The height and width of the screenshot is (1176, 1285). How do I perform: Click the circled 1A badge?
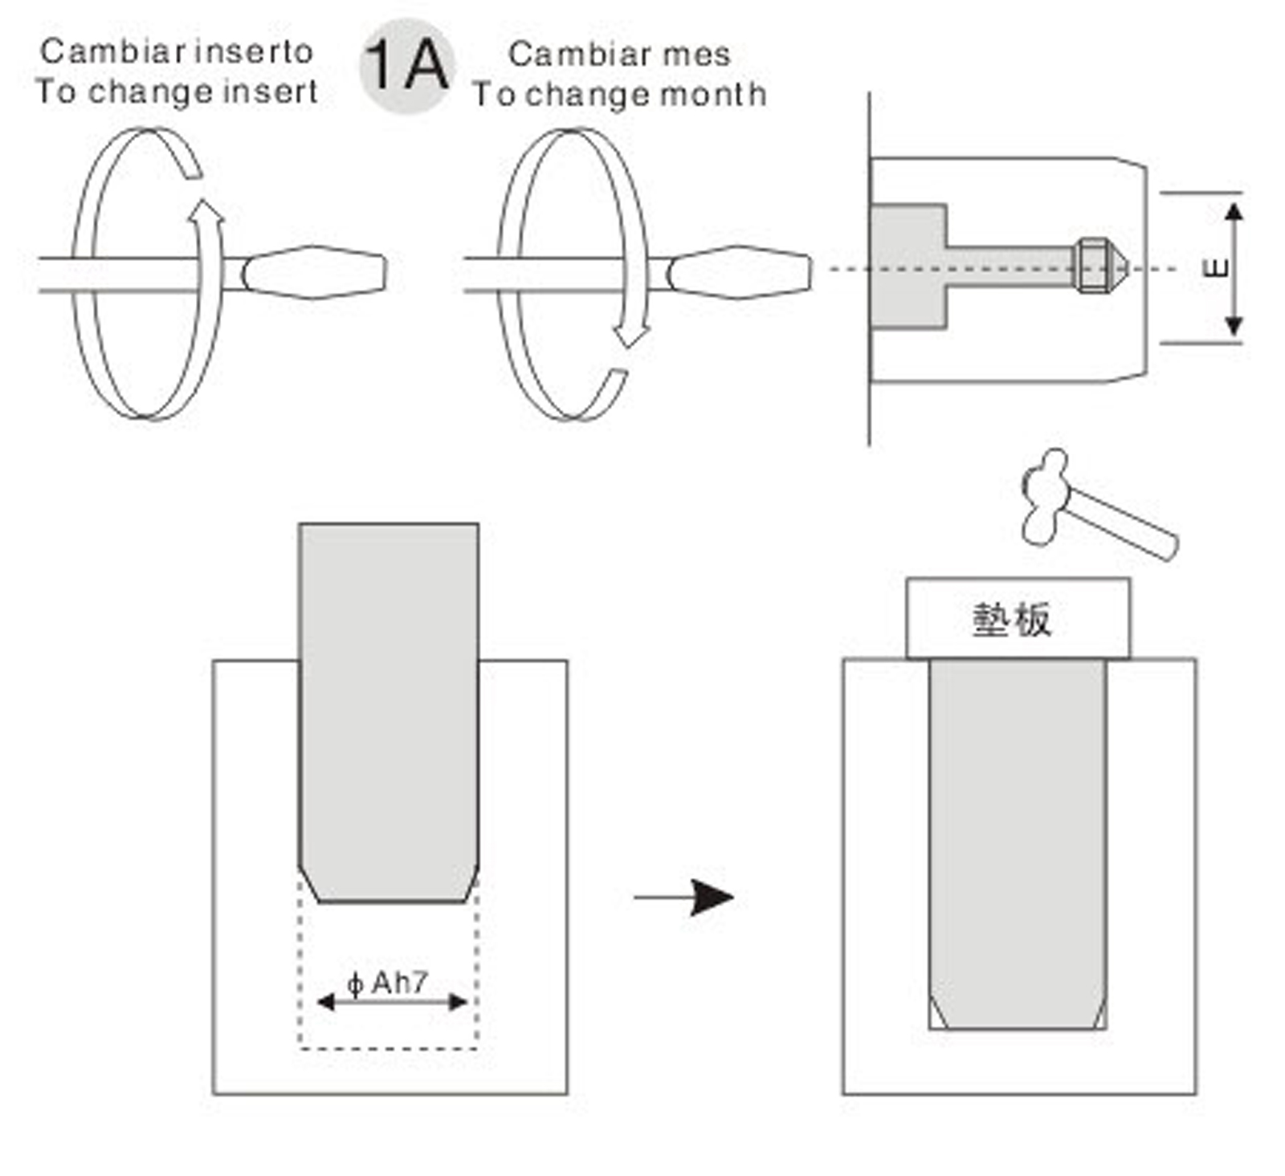406,66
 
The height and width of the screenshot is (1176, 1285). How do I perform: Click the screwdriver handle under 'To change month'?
740,272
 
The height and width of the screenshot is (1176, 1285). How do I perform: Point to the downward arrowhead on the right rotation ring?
631,334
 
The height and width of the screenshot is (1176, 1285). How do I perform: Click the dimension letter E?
1218,267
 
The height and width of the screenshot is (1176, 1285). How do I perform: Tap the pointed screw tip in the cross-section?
1118,266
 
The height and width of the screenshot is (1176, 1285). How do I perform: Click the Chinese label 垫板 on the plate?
1011,620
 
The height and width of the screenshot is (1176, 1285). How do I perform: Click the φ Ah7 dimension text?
388,983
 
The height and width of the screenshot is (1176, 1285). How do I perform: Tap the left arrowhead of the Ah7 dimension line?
325,1002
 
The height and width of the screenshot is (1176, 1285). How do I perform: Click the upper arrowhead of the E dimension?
1234,213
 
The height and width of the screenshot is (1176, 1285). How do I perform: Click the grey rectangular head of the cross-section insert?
908,267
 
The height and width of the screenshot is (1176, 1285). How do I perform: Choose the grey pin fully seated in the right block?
1018,843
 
